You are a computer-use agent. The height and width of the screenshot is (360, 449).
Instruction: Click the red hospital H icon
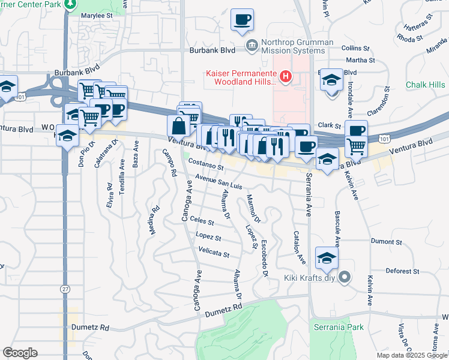click(x=286, y=77)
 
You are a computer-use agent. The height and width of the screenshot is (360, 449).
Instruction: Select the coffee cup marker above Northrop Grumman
click(x=242, y=19)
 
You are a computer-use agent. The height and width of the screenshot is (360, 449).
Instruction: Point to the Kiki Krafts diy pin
click(x=345, y=277)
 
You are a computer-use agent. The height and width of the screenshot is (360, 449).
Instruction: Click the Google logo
click(x=20, y=352)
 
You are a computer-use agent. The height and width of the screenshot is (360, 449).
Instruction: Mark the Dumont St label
click(x=385, y=242)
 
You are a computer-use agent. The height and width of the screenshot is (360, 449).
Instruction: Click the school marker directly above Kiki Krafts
click(x=327, y=258)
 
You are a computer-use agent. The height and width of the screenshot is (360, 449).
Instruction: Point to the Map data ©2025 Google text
click(x=412, y=355)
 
